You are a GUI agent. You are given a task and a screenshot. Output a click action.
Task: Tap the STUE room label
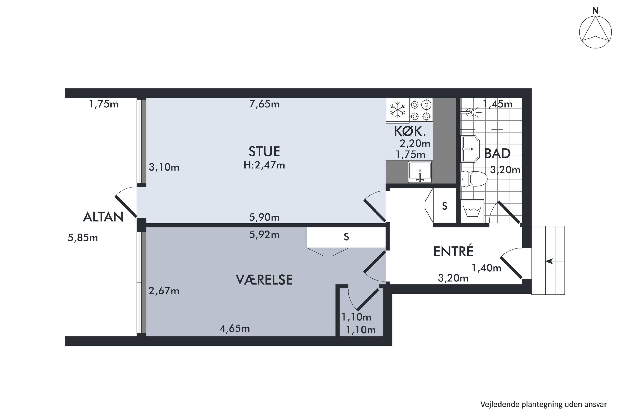[264, 151]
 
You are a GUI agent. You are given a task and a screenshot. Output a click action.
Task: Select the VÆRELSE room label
[264, 280]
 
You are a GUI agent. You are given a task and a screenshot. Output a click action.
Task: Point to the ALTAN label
[103, 217]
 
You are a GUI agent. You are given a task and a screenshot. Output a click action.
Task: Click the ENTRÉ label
[453, 251]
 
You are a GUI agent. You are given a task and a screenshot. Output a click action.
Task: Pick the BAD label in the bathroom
[497, 153]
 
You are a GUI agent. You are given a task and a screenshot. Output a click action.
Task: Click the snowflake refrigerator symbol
[398, 110]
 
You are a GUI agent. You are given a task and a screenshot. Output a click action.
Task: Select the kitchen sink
[420, 172]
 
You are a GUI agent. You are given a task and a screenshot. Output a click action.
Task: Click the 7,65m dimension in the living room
[264, 104]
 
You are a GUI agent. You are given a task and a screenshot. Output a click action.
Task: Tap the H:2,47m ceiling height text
[264, 165]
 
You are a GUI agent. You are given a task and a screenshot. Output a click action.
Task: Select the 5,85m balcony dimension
[83, 238]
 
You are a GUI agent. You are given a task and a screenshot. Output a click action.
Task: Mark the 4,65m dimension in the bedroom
[235, 328]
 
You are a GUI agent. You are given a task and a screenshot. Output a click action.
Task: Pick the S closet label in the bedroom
[346, 237]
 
